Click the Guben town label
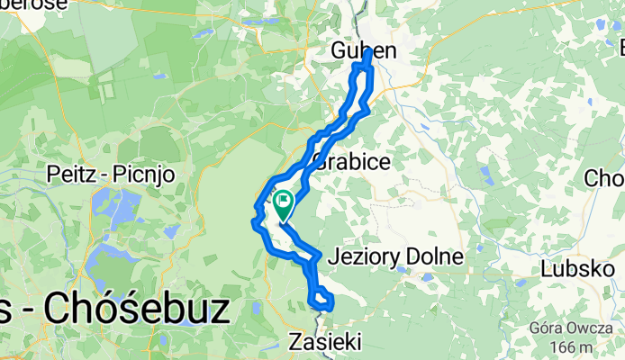pos(363,50)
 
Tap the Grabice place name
pos(352,163)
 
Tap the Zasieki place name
pos(325,342)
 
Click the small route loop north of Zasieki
pos(321,300)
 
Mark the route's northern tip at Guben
pos(369,54)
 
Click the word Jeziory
pos(363,257)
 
